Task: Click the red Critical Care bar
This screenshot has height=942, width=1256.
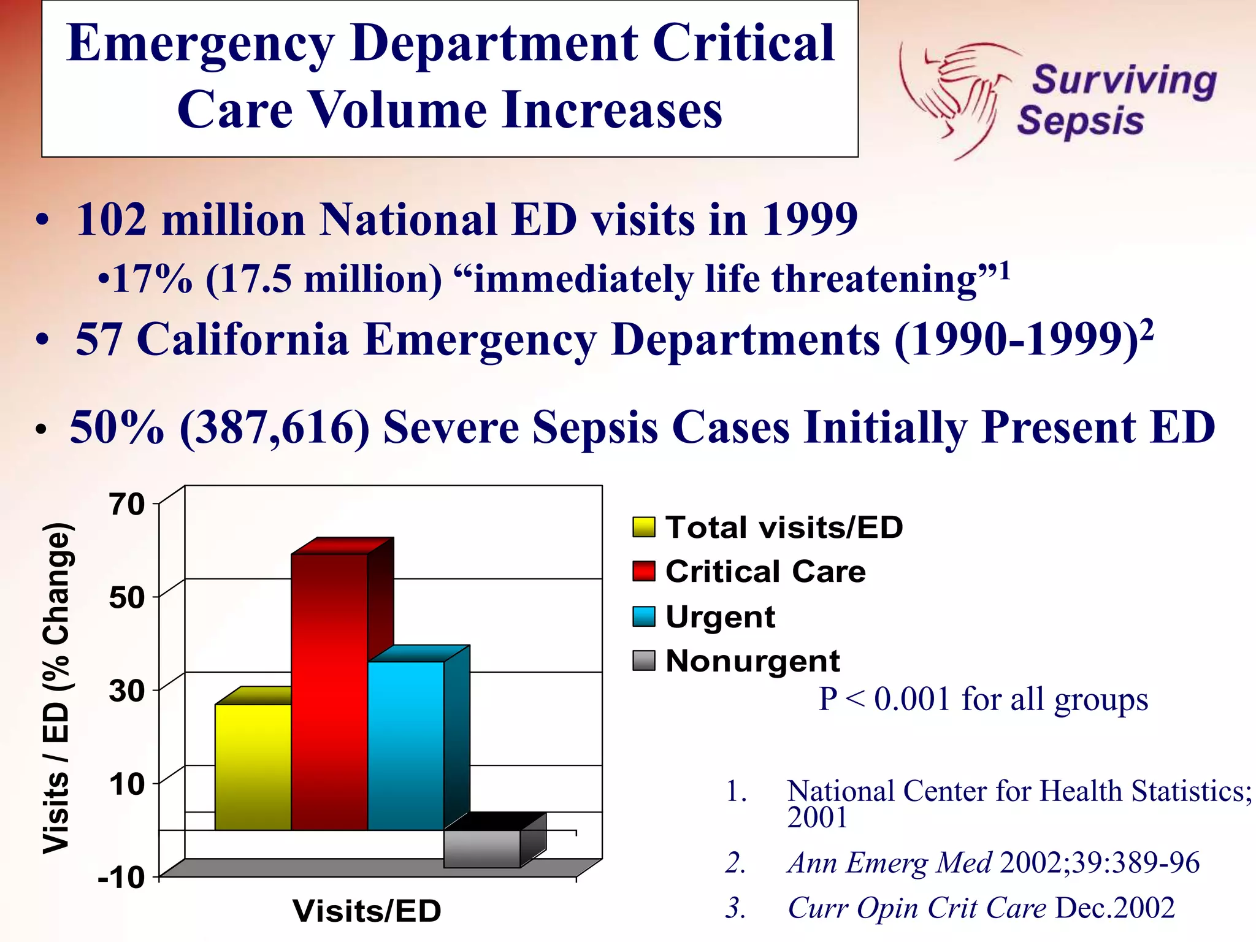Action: point(329,693)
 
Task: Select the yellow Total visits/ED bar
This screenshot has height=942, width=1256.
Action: point(253,767)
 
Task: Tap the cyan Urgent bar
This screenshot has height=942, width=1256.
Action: point(405,745)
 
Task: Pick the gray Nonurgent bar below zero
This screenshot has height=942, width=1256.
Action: point(482,849)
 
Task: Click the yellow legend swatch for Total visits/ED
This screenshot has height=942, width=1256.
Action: point(644,527)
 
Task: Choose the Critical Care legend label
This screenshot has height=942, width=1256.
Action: point(765,572)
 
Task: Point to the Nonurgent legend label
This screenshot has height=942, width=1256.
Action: point(752,661)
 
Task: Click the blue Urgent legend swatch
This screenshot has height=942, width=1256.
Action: point(644,616)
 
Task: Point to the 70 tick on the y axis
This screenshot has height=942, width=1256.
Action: point(127,504)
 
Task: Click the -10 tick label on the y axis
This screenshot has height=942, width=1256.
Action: point(121,878)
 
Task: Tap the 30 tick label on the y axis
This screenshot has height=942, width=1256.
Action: point(127,691)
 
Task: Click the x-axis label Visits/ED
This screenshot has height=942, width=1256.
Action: point(367,911)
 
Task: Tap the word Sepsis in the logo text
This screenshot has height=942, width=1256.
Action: point(1081,121)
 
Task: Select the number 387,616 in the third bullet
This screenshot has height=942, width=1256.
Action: point(275,427)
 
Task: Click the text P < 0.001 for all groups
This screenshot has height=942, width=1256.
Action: point(983,699)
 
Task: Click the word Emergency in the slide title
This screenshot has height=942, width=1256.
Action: point(201,44)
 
